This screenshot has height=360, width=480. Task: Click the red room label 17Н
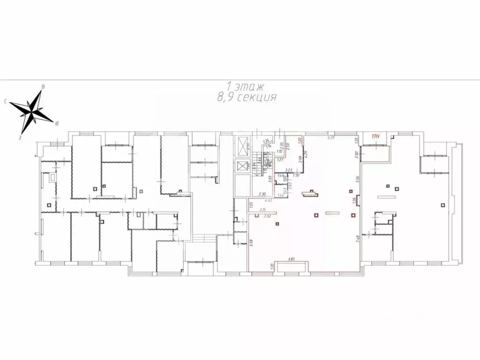375,137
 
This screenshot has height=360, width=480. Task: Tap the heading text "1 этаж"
246,86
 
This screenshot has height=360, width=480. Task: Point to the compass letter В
44,86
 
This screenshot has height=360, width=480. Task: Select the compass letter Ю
57,124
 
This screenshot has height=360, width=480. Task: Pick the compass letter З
20,138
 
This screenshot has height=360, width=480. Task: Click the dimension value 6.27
330,137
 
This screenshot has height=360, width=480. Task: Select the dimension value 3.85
291,259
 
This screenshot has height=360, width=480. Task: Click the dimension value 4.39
305,154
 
